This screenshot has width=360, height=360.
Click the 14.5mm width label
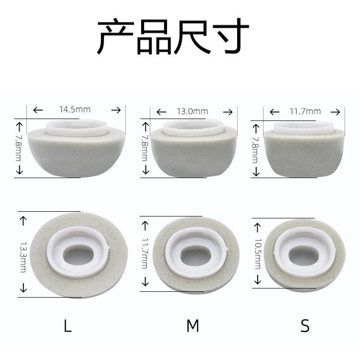(75, 109)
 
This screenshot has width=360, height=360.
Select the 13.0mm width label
(192, 111)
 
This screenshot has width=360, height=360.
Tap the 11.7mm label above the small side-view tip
(305, 111)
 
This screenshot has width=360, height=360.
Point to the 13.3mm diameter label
(23, 257)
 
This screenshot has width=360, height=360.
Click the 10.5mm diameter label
(258, 254)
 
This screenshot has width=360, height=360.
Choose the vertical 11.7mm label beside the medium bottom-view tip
(145, 253)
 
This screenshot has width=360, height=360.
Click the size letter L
(68, 326)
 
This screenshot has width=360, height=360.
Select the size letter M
(192, 326)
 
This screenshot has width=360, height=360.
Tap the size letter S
(305, 326)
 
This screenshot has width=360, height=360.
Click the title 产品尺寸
(173, 36)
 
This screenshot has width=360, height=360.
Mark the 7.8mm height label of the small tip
(255, 150)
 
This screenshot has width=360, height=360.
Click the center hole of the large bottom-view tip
(78, 255)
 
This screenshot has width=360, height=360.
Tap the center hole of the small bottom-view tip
(303, 255)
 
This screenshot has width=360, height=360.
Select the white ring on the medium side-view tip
(193, 128)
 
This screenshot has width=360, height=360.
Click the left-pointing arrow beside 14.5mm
(38, 110)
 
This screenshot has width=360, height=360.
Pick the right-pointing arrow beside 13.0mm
(228, 112)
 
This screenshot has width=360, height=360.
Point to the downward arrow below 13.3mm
(23, 288)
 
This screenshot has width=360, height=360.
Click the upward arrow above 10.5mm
(258, 228)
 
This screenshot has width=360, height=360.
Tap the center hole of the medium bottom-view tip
(195, 256)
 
